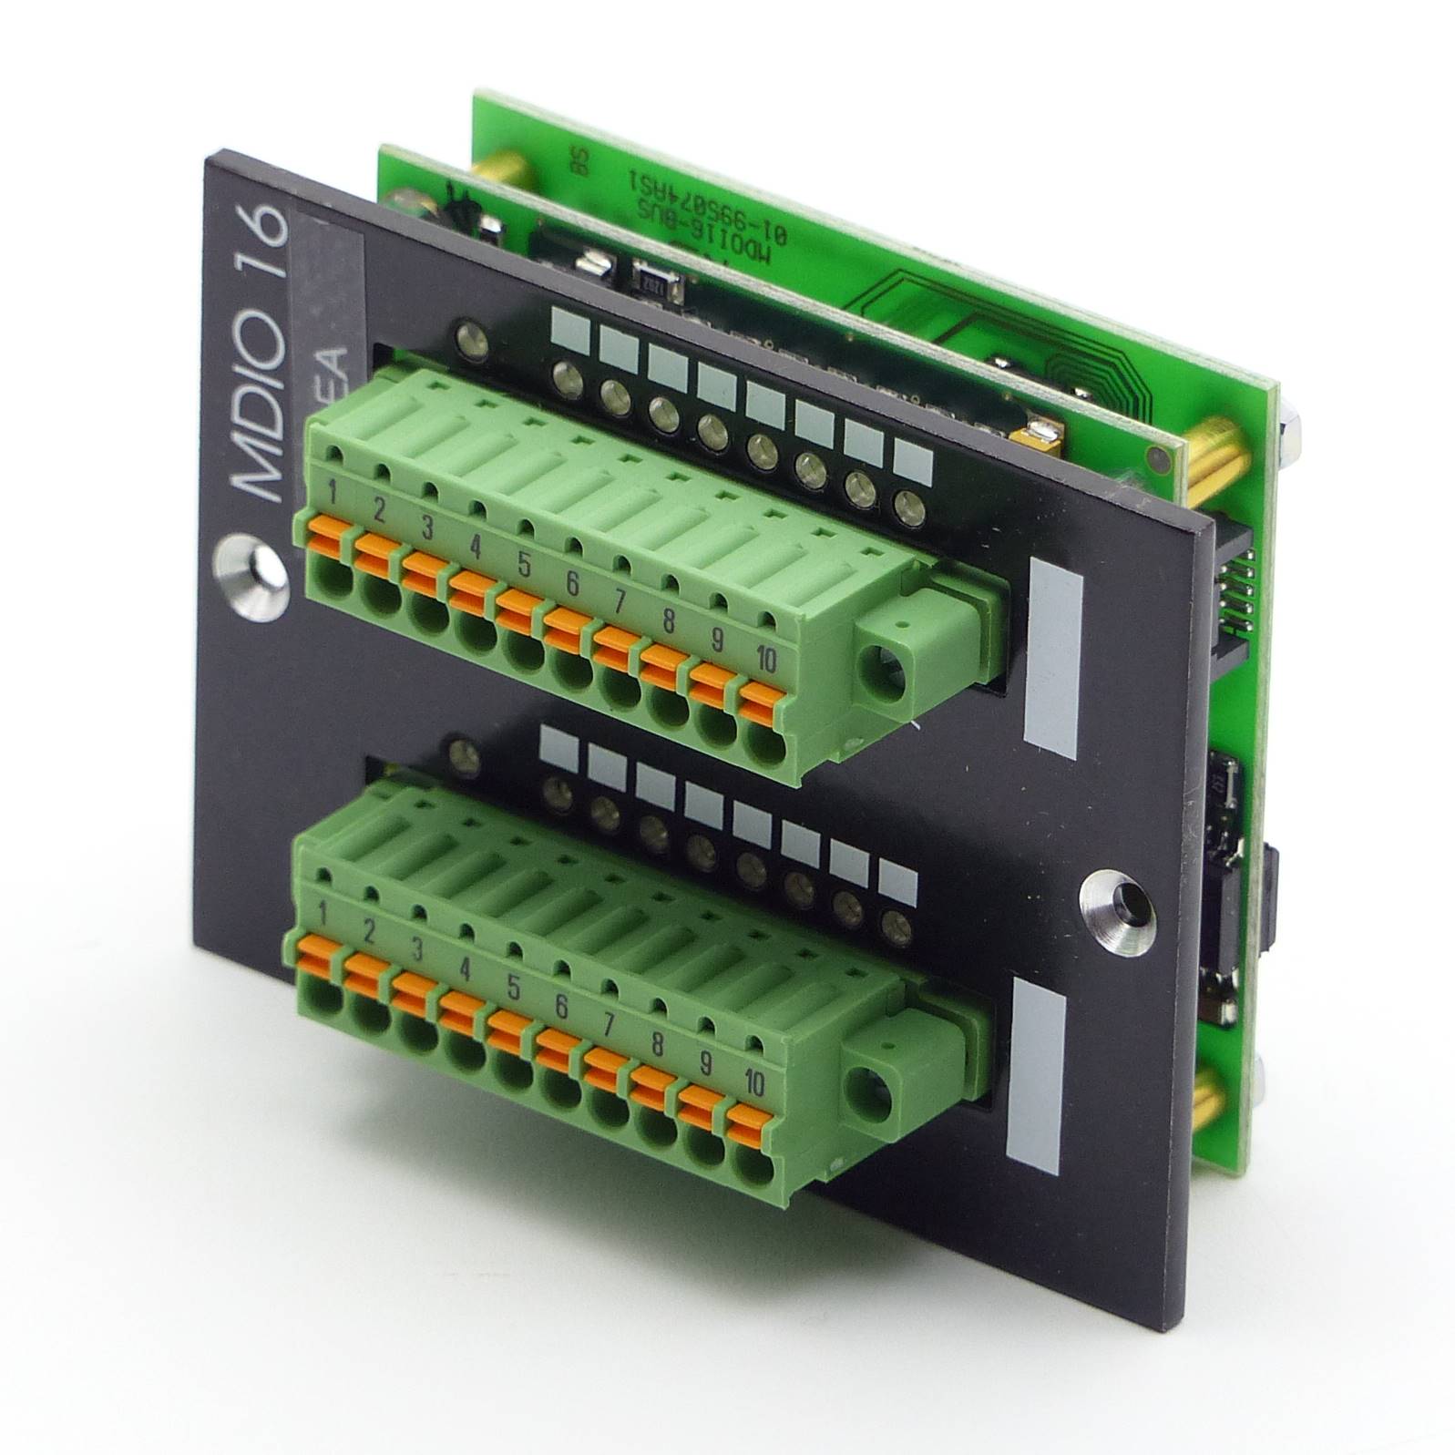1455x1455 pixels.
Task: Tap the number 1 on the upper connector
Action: pyautogui.click(x=333, y=497)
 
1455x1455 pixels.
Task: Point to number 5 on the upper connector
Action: pyautogui.click(x=523, y=566)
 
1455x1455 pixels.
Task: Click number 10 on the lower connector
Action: pyautogui.click(x=754, y=1082)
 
